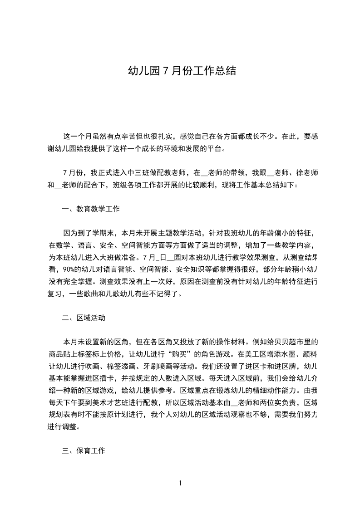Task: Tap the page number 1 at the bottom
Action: [x=180, y=484]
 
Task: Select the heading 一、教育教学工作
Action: [x=90, y=209]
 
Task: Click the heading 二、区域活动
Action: [x=84, y=318]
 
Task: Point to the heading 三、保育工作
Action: [x=84, y=451]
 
